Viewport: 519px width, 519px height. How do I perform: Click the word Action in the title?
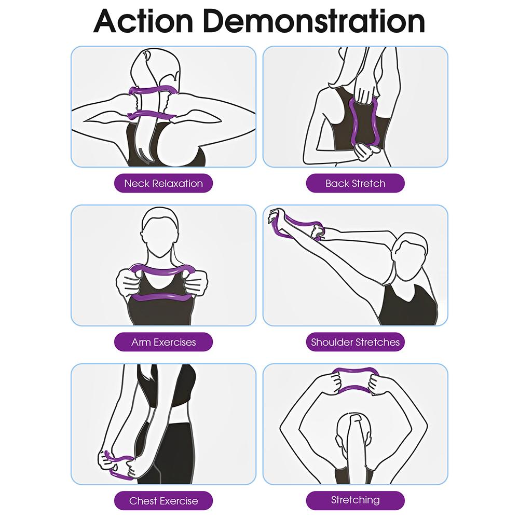(x=143, y=21)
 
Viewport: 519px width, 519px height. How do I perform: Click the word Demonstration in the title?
(x=314, y=21)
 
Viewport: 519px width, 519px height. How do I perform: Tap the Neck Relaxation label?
(x=163, y=183)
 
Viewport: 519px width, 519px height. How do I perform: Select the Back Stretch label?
(x=355, y=183)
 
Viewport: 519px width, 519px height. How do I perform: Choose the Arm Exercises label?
(x=163, y=342)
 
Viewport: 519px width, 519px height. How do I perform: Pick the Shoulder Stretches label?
(x=355, y=342)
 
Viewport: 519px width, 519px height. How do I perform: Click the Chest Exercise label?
(x=163, y=501)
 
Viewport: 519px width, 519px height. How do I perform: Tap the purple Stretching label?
(x=355, y=500)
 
